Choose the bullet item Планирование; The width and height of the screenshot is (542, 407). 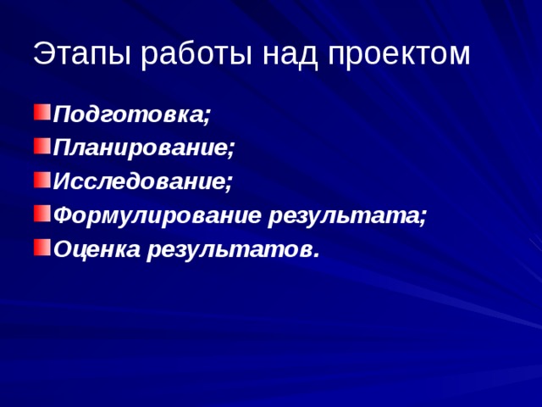point(143,148)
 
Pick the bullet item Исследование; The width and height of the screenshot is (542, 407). point(142,181)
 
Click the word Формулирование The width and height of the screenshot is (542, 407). point(157,215)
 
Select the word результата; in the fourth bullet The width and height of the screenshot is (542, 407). point(348,215)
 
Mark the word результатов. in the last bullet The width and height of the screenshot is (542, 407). point(234,249)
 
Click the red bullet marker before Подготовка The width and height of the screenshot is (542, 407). point(41,111)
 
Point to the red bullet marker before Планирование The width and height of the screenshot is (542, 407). point(41,145)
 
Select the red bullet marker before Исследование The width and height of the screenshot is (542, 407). point(41,179)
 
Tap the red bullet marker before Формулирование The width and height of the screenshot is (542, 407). point(41,213)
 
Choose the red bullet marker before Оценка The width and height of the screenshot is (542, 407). point(41,247)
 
